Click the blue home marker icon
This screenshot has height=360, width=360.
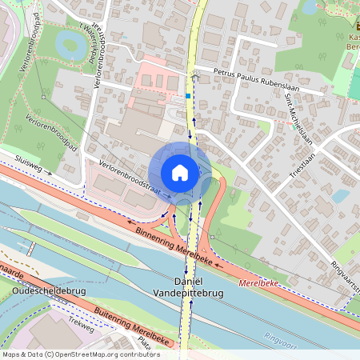pyautogui.click(x=180, y=173)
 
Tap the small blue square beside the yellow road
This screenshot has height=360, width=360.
pyautogui.click(x=188, y=96)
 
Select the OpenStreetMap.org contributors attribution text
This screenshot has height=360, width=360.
pyautogui.click(x=104, y=354)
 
